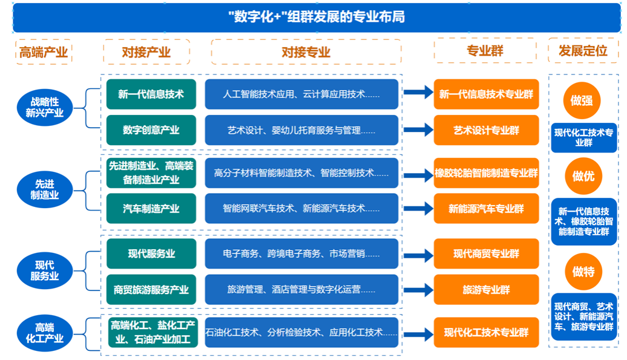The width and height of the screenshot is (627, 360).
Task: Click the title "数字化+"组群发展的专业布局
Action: coord(317,17)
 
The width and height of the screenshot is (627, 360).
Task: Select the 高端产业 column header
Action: coord(44,52)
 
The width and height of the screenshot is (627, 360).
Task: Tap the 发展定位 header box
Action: coord(583,51)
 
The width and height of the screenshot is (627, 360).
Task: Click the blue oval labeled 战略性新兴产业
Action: coord(44,108)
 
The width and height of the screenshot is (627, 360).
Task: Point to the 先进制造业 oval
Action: coord(44,189)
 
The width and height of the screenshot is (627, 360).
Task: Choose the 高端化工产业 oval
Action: coord(44,333)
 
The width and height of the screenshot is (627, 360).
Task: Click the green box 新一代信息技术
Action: coord(151,94)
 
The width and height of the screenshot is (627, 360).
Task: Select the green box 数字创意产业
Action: coord(151,130)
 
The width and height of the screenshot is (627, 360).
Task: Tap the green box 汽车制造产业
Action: coord(151,209)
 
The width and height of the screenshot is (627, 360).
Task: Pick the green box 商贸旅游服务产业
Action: coord(151,290)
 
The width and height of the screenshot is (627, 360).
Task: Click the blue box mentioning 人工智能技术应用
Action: coord(301,94)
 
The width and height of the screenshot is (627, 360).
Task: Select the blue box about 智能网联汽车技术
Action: coord(301,209)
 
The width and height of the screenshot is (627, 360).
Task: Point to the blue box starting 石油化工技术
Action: coord(301,332)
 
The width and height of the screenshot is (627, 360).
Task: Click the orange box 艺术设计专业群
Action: coord(486,130)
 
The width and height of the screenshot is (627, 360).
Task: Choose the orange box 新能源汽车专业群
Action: coord(486,209)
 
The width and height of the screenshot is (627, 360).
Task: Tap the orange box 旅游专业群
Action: coord(486,290)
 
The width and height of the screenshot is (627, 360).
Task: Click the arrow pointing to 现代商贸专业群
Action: coord(418,255)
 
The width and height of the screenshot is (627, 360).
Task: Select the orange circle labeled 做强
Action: coord(582,100)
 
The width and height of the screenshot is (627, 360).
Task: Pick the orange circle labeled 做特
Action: coord(583,272)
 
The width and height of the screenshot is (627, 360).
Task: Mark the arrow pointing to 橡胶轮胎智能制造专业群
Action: coord(418,175)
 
